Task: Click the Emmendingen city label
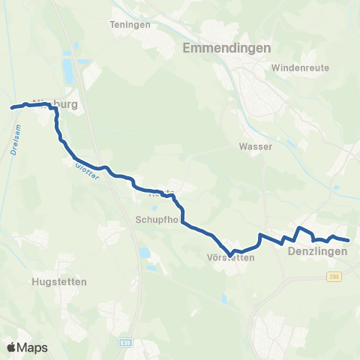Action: [226, 49]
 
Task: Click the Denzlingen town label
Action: [317, 252]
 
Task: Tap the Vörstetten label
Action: [230, 257]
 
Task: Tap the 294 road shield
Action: [334, 277]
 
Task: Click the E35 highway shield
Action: [125, 341]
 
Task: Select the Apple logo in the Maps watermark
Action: [12, 347]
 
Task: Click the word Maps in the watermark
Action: [32, 347]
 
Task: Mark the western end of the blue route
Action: [11, 108]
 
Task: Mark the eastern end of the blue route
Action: [349, 240]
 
